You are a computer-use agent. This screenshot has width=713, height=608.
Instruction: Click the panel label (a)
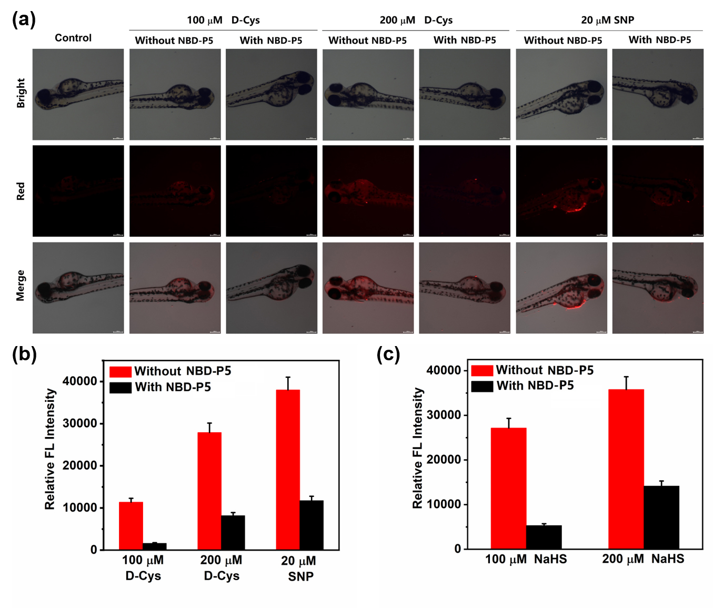click(24, 19)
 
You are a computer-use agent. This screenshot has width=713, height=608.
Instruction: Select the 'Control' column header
click(73, 38)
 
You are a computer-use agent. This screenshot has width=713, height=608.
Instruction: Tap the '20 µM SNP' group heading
click(607, 20)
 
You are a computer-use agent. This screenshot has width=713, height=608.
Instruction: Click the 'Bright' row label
click(21, 93)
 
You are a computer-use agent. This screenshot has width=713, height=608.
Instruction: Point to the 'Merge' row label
click(21, 286)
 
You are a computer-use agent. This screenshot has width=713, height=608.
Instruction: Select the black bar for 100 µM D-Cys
click(155, 546)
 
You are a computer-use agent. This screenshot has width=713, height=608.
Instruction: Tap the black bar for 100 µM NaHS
click(544, 536)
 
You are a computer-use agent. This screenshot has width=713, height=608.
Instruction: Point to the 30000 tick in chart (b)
click(80, 423)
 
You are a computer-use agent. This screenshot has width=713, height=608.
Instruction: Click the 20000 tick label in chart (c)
click(444, 460)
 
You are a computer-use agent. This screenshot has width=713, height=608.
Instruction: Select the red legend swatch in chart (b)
click(120, 372)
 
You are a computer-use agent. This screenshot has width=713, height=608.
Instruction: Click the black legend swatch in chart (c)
click(482, 386)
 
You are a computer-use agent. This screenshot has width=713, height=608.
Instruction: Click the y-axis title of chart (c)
click(417, 448)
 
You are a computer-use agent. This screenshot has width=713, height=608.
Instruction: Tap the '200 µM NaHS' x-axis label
click(643, 559)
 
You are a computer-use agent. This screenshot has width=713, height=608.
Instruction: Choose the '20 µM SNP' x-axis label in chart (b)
click(299, 569)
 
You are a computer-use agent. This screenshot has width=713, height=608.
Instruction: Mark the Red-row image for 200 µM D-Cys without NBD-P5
click(368, 191)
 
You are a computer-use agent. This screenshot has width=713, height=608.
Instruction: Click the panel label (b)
click(24, 354)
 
